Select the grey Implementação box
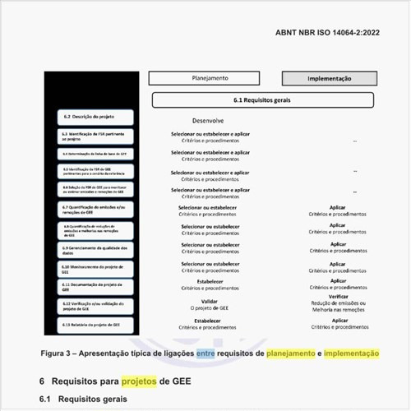point(329,79)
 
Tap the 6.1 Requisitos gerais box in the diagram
point(261,99)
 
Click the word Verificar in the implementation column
point(338,297)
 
